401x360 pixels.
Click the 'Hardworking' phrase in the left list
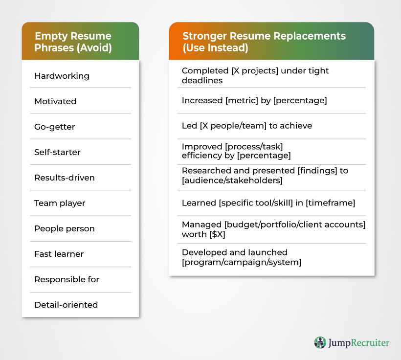[62, 76]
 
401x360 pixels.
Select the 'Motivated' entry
[55, 101]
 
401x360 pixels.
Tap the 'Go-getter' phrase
[55, 127]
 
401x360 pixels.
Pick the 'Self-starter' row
[58, 152]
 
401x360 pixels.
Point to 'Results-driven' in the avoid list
[65, 178]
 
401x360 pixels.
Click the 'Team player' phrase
[60, 203]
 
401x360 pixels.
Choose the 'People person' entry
[65, 228]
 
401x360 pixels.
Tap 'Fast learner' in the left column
[59, 254]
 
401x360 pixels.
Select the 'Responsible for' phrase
[67, 279]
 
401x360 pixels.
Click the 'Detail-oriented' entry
[66, 305]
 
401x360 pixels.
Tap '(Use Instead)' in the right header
[215, 48]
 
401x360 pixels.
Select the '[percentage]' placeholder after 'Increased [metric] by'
[300, 101]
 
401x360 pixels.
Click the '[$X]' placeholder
[218, 234]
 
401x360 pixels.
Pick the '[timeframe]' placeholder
[331, 203]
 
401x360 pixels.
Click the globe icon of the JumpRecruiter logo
[320, 342]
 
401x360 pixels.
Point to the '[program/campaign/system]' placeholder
[242, 263]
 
